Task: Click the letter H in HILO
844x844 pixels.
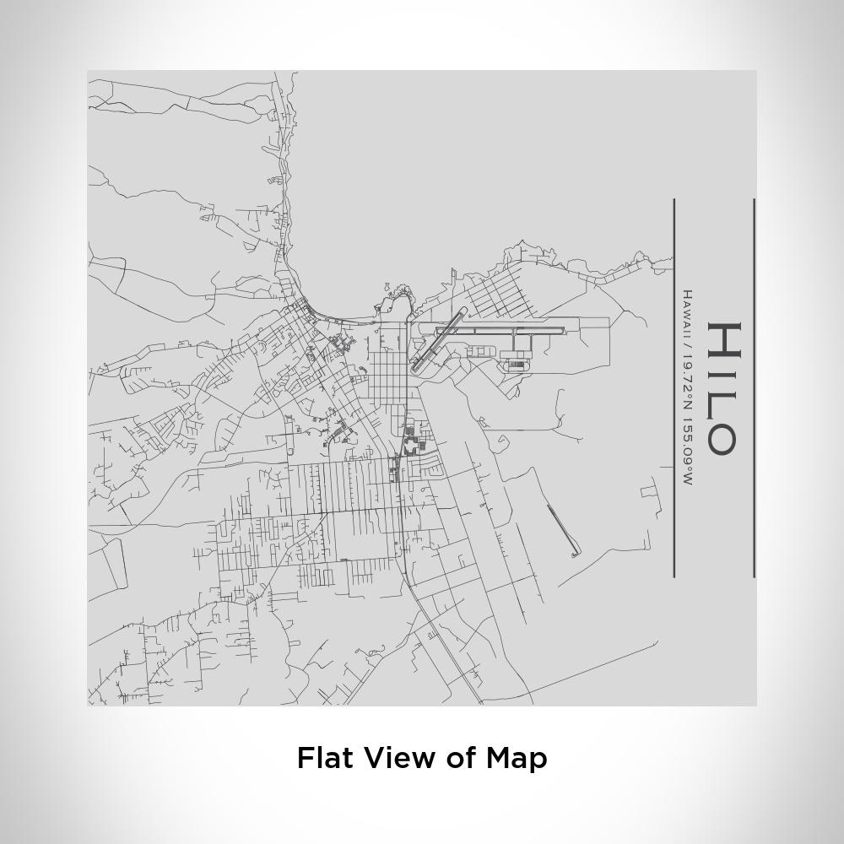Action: point(723,340)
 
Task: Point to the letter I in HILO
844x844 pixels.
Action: point(723,372)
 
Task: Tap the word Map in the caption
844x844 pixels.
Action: point(516,757)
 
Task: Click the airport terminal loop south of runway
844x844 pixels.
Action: point(515,364)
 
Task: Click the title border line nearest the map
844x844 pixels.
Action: point(674,388)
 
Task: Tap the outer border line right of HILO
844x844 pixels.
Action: point(754,388)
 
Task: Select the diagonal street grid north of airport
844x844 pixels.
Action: point(498,291)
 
